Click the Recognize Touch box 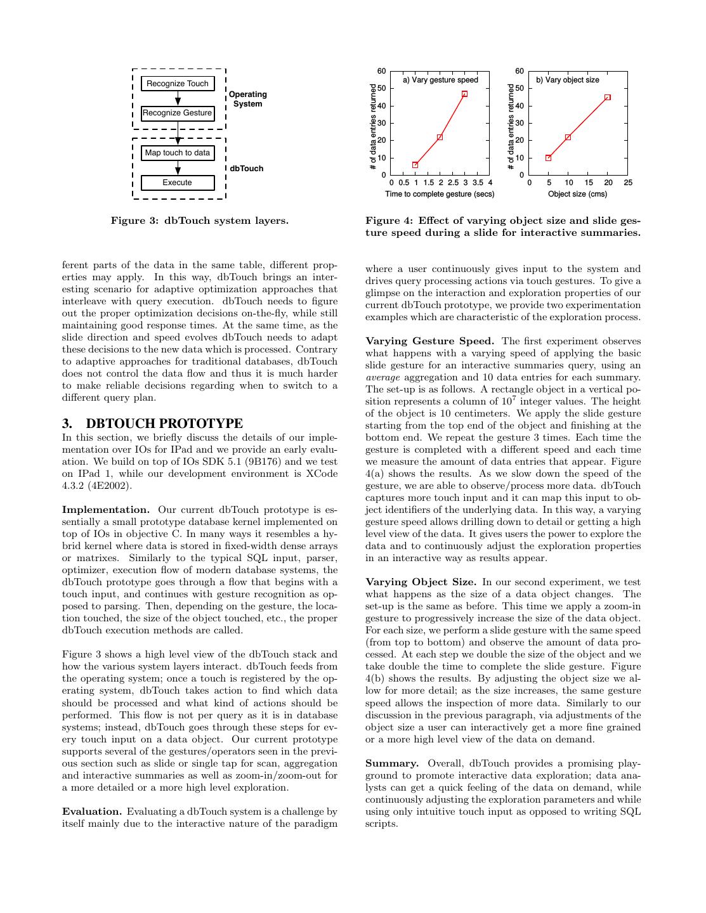tap(177, 84)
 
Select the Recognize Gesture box tap(177, 113)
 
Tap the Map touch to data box tap(177, 153)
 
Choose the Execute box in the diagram tap(177, 183)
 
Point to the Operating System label tap(247, 99)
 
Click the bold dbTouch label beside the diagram tap(246, 169)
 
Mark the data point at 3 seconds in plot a tap(464, 94)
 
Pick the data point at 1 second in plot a tap(415, 165)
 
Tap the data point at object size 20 tap(608, 98)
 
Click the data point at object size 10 tap(568, 137)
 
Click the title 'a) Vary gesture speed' tap(441, 80)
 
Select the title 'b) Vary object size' tap(568, 80)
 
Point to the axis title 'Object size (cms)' tap(577, 194)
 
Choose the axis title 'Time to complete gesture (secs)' tap(440, 194)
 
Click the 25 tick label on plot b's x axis tap(628, 183)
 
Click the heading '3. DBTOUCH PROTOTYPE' tap(152, 424)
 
